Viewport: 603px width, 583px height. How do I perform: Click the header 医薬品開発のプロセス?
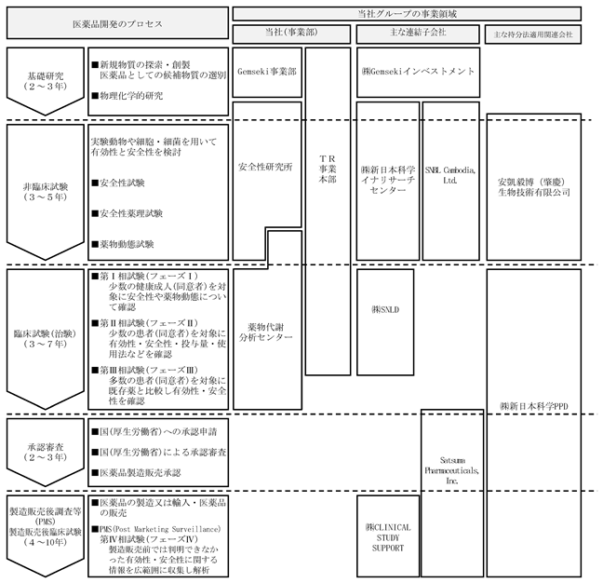coord(117,23)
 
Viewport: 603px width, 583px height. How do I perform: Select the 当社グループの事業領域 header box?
coord(407,14)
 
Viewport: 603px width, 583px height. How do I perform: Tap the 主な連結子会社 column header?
coord(418,34)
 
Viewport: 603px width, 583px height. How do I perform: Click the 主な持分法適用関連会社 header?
coord(533,34)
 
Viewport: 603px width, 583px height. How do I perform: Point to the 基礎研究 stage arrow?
coord(45,81)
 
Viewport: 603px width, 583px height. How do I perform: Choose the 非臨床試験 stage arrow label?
coord(46,192)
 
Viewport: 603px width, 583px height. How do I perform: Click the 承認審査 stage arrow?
coord(45,453)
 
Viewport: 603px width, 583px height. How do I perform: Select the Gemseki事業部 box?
coord(267,72)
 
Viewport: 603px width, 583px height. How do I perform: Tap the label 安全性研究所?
coord(265,167)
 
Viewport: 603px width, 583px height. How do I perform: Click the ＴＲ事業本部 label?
coord(328,169)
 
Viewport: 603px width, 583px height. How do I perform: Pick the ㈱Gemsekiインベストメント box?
coord(418,72)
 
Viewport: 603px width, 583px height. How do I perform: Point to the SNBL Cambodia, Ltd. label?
coord(450,175)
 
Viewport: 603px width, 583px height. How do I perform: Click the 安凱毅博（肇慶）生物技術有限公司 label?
coord(534,187)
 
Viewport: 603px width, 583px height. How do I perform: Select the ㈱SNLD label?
coord(385,309)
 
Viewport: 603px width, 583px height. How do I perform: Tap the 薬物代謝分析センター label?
coord(266,332)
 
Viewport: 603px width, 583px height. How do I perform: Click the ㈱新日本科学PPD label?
coord(534,406)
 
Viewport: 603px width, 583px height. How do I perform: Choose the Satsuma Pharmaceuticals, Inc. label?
coord(452,470)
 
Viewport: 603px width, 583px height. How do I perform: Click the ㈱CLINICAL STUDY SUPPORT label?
coord(388,537)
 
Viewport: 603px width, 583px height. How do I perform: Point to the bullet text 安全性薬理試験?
coord(127,213)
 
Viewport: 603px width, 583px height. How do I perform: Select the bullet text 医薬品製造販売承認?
coord(136,472)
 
